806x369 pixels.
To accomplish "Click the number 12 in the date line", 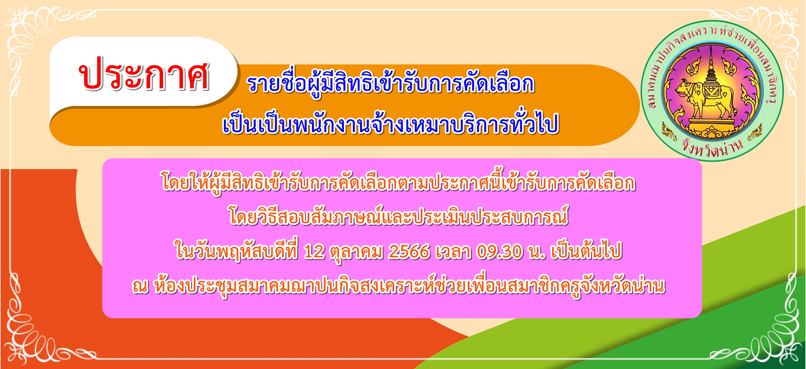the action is pyautogui.click(x=314, y=252).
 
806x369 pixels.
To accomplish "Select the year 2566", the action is pyautogui.click(x=409, y=252).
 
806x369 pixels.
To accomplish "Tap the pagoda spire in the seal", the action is pyautogui.click(x=711, y=67).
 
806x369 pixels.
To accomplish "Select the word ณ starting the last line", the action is pyautogui.click(x=140, y=287).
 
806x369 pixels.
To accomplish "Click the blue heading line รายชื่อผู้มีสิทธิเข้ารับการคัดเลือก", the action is pyautogui.click(x=391, y=84).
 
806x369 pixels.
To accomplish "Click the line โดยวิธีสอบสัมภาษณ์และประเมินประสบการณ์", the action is pyautogui.click(x=399, y=216).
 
